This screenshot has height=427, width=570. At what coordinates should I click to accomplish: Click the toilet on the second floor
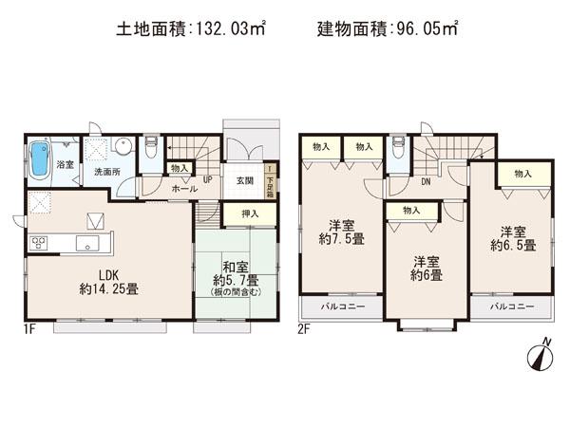click(399, 148)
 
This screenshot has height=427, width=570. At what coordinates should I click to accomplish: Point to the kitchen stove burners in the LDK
click(41, 241)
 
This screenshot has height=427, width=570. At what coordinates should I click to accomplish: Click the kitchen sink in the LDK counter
click(88, 246)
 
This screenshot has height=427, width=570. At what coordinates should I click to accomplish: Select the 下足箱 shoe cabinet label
click(270, 177)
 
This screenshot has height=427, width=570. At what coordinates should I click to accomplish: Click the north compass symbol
click(538, 358)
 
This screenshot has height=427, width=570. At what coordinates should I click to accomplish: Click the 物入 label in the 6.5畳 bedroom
click(522, 174)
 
